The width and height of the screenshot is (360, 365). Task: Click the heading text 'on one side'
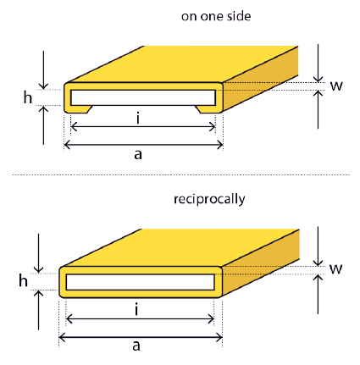[x=216, y=16]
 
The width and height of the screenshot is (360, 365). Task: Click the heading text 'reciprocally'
[x=209, y=200]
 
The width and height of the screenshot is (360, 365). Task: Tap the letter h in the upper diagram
[x=27, y=97]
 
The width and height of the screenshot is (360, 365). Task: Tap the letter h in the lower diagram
[x=23, y=281]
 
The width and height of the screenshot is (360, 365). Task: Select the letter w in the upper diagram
[x=336, y=86]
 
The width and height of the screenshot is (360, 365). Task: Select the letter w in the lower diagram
[x=336, y=269]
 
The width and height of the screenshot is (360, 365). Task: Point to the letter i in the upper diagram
[x=138, y=118]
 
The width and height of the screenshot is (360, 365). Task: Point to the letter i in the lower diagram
[x=136, y=310]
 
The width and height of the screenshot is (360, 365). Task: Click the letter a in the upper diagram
[x=138, y=155]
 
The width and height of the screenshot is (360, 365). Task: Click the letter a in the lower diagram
[x=136, y=346]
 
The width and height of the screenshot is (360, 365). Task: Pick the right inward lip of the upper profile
[x=208, y=109]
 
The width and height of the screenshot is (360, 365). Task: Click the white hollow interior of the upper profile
[x=143, y=97]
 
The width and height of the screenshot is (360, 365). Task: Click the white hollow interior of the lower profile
[x=140, y=282]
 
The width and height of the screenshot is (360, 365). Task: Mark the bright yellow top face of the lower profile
[x=180, y=247]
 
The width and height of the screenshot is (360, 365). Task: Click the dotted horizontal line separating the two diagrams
[x=180, y=175]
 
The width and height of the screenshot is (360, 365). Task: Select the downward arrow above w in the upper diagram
[x=318, y=64]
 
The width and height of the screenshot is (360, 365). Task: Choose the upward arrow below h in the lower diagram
[x=39, y=310]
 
